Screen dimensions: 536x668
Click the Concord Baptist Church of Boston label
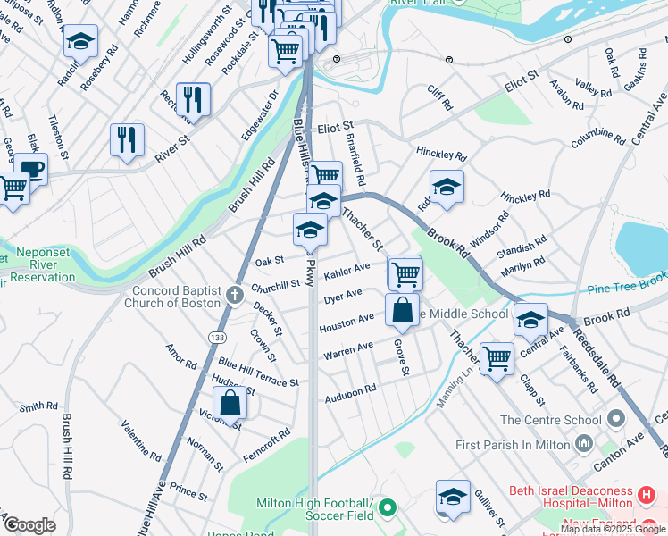176,297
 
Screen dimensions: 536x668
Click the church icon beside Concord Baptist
234,294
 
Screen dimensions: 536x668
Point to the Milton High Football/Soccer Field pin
387,508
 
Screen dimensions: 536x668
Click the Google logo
29,524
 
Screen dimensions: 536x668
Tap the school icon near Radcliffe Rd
80,41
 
